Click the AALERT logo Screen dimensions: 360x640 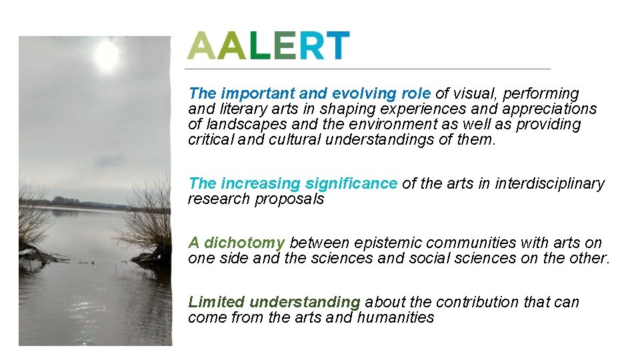pyautogui.click(x=268, y=45)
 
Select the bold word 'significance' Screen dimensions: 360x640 pyautogui.click(x=351, y=183)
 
